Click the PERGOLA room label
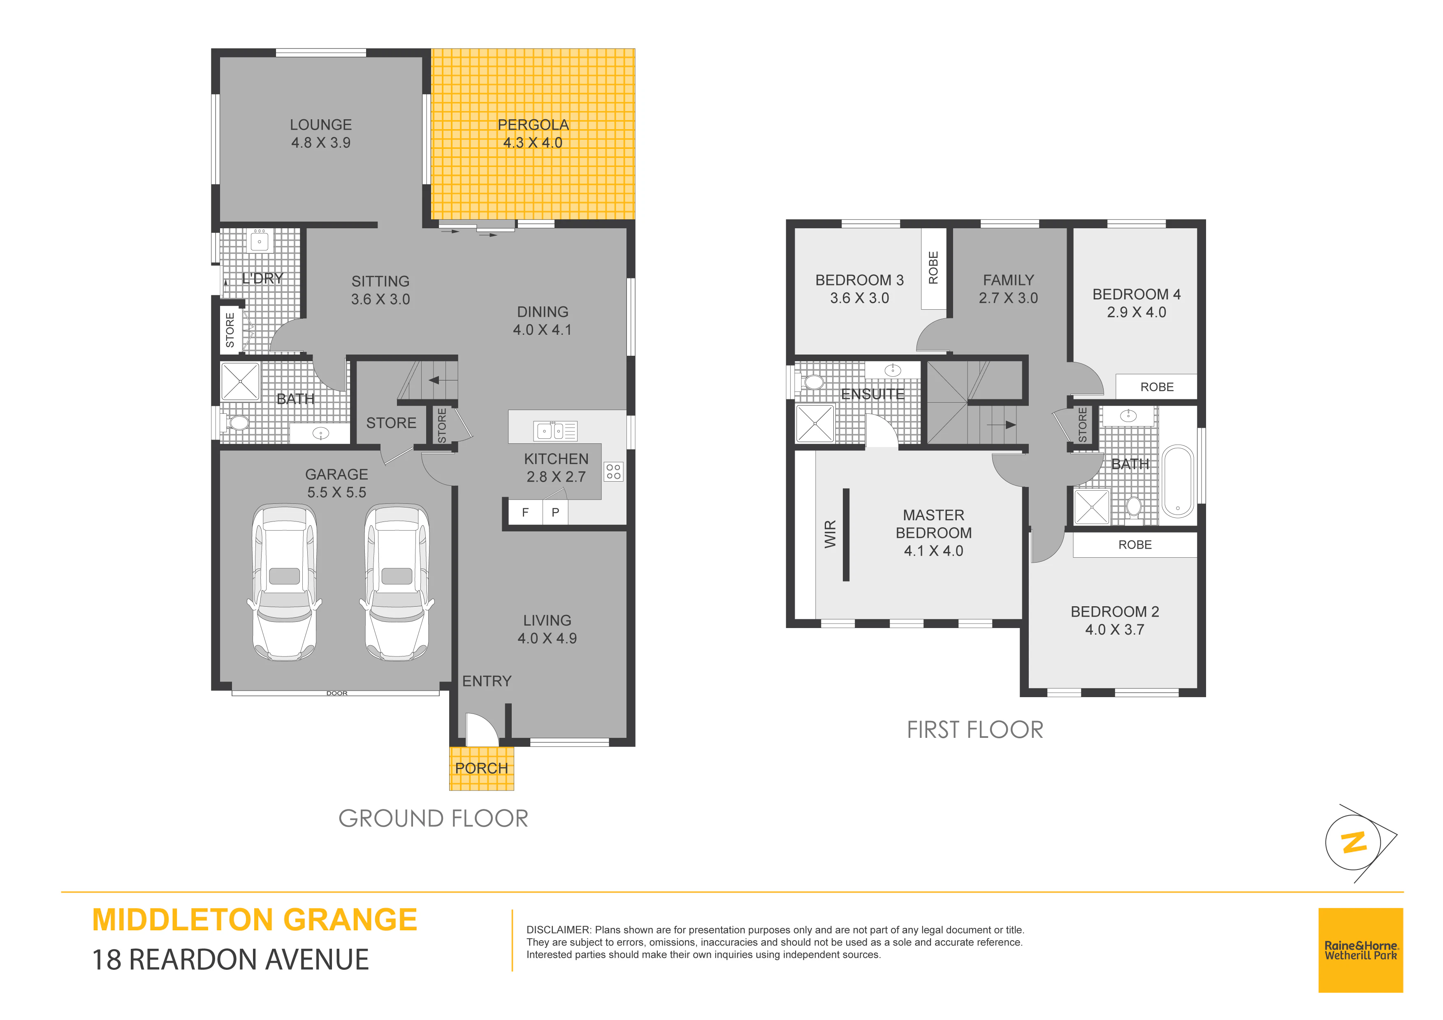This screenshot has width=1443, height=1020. (x=533, y=125)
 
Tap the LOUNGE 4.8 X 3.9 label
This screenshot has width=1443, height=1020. (x=320, y=134)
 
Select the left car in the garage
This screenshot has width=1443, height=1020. (x=284, y=582)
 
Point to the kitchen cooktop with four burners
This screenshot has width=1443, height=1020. (x=613, y=471)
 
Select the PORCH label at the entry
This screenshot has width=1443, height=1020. (x=481, y=768)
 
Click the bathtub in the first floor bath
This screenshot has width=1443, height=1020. (x=1178, y=481)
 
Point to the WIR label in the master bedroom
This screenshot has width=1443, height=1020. (x=830, y=534)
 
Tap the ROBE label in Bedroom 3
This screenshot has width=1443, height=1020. (x=933, y=268)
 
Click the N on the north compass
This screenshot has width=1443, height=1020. (x=1354, y=842)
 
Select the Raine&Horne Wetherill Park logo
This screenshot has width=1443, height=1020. (x=1361, y=950)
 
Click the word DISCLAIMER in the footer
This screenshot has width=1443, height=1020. (x=559, y=930)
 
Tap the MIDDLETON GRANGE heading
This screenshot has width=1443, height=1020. (x=255, y=920)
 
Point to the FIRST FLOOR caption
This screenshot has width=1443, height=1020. (x=975, y=730)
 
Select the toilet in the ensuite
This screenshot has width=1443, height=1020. (x=813, y=382)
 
